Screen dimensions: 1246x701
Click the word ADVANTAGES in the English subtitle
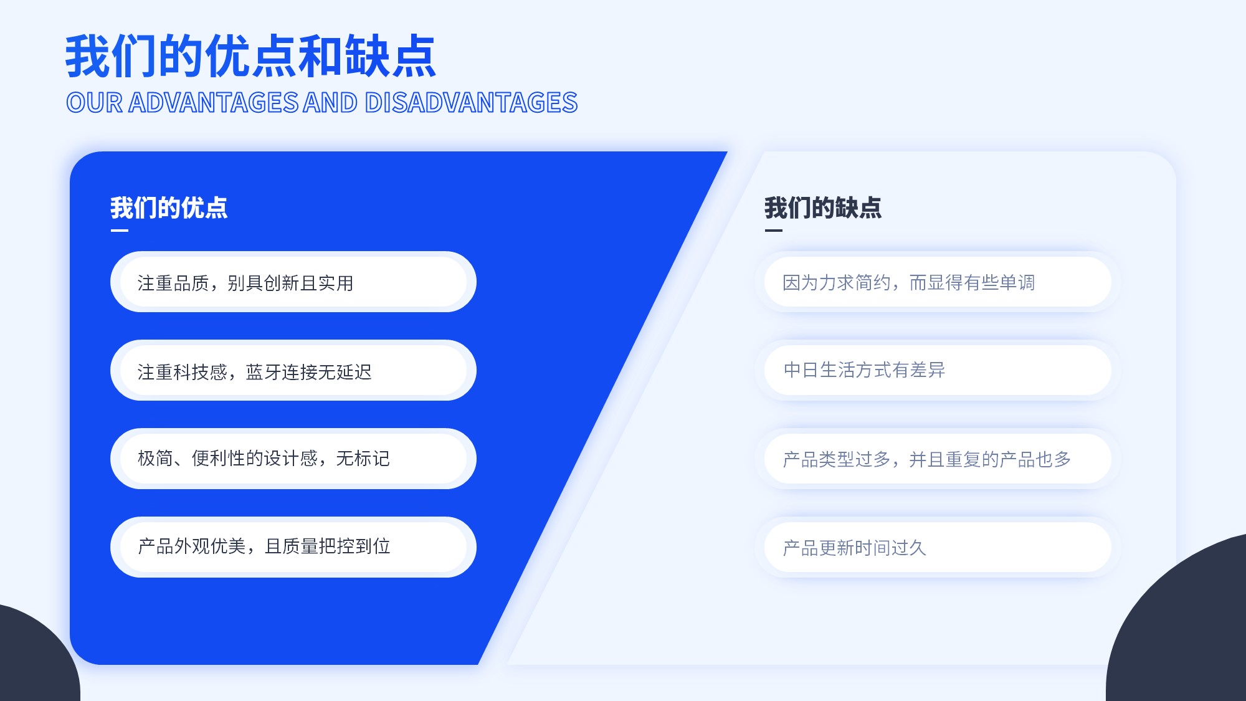coord(214,103)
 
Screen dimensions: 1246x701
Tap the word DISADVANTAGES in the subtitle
coord(471,103)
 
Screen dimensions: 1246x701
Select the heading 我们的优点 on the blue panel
coord(169,207)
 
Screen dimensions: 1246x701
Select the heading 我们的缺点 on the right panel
coord(823,207)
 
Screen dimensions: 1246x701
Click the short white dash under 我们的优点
coord(120,231)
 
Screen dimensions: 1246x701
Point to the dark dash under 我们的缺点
coord(774,231)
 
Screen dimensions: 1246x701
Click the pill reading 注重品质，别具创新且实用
coord(293,282)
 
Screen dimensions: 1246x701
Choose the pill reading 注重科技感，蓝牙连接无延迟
coord(293,370)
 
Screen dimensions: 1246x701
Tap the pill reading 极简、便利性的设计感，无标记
coord(293,459)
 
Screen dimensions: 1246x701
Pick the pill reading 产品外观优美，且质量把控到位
coord(293,547)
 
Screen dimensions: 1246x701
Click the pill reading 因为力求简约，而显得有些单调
coord(938,282)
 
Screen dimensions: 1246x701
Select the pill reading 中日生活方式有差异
coord(938,370)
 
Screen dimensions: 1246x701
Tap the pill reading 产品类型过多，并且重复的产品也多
coord(938,459)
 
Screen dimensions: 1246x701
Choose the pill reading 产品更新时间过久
coord(938,547)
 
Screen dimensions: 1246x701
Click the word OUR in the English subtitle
coord(95,103)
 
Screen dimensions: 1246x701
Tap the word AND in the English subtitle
coord(331,103)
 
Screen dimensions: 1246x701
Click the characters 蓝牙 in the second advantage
coord(264,372)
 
